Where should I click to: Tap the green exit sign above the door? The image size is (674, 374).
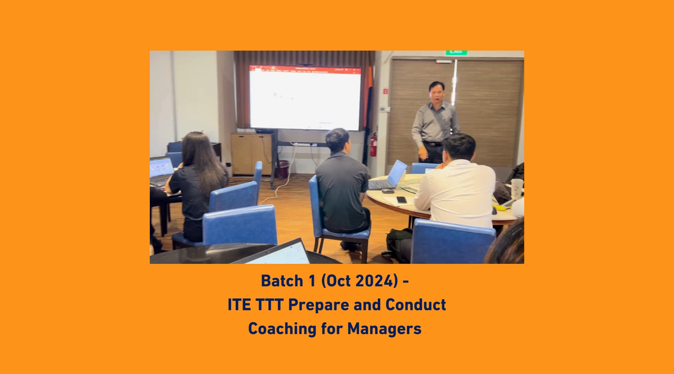pyautogui.click(x=456, y=53)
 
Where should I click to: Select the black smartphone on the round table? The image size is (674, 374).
pyautogui.click(x=402, y=199)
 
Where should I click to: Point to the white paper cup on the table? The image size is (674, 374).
pyautogui.click(x=517, y=188)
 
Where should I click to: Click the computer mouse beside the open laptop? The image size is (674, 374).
pyautogui.click(x=388, y=191)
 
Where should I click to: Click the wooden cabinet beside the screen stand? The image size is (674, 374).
pyautogui.click(x=251, y=154)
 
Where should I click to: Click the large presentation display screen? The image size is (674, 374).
pyautogui.click(x=305, y=98)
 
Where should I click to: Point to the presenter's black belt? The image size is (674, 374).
pyautogui.click(x=432, y=144)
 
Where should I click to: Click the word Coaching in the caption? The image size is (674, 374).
pyautogui.click(x=282, y=329)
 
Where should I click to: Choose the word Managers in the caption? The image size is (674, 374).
pyautogui.click(x=384, y=329)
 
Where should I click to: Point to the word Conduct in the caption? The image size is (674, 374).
pyautogui.click(x=416, y=304)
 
